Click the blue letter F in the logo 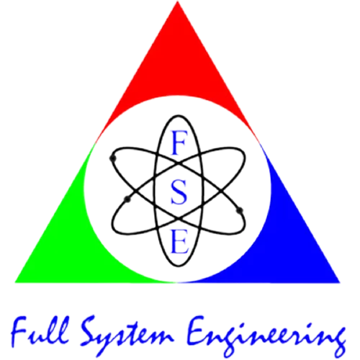coord(179,143)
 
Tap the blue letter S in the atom coord(179,192)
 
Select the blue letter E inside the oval coord(179,241)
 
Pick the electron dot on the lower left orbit coord(127,199)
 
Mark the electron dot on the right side coord(240,211)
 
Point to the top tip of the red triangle coord(178,1)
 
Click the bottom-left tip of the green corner coord(15,282)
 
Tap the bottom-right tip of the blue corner coord(340,282)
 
